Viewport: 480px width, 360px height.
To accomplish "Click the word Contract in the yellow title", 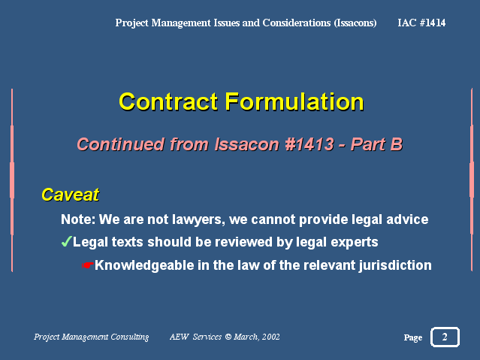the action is coord(168,101).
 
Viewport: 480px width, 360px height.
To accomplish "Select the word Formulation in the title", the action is coord(294,101).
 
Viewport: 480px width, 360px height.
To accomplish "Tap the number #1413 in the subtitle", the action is coord(309,144).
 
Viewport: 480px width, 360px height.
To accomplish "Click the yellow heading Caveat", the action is coord(71,195).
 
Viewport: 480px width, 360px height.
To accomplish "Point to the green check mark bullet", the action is coord(66,242).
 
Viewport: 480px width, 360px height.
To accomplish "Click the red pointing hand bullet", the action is coord(88,265).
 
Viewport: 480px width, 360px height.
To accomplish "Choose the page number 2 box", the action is coord(445,337).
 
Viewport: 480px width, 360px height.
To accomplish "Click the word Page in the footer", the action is coord(413,337).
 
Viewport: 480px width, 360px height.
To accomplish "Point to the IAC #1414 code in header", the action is coord(421,23).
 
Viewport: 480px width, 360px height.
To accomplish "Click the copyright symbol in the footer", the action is coord(228,337).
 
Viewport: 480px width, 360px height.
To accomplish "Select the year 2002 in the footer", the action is coord(270,337).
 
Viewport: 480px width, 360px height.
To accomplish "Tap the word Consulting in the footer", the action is coord(129,337).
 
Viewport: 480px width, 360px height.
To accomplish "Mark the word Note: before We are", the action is coord(78,219).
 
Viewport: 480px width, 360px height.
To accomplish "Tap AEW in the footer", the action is coord(179,337).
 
